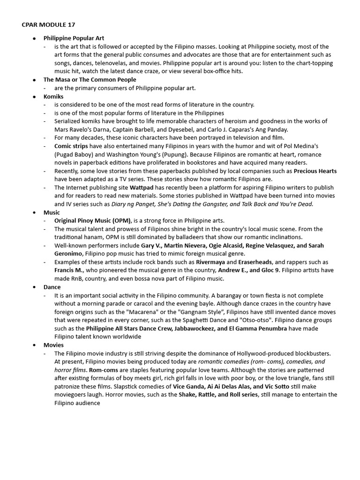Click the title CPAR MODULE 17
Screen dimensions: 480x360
coord(48,24)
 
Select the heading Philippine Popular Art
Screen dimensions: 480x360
coord(74,38)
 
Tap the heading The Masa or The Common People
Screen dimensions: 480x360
coord(90,80)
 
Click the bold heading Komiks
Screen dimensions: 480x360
coord(53,96)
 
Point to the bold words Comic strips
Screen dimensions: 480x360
coord(72,146)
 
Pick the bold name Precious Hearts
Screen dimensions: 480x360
coord(315,171)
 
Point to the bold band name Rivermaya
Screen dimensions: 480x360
coord(210,262)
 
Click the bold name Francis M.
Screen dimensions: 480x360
coord(69,270)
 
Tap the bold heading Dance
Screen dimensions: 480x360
coord(52,287)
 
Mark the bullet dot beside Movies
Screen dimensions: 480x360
coord(35,345)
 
